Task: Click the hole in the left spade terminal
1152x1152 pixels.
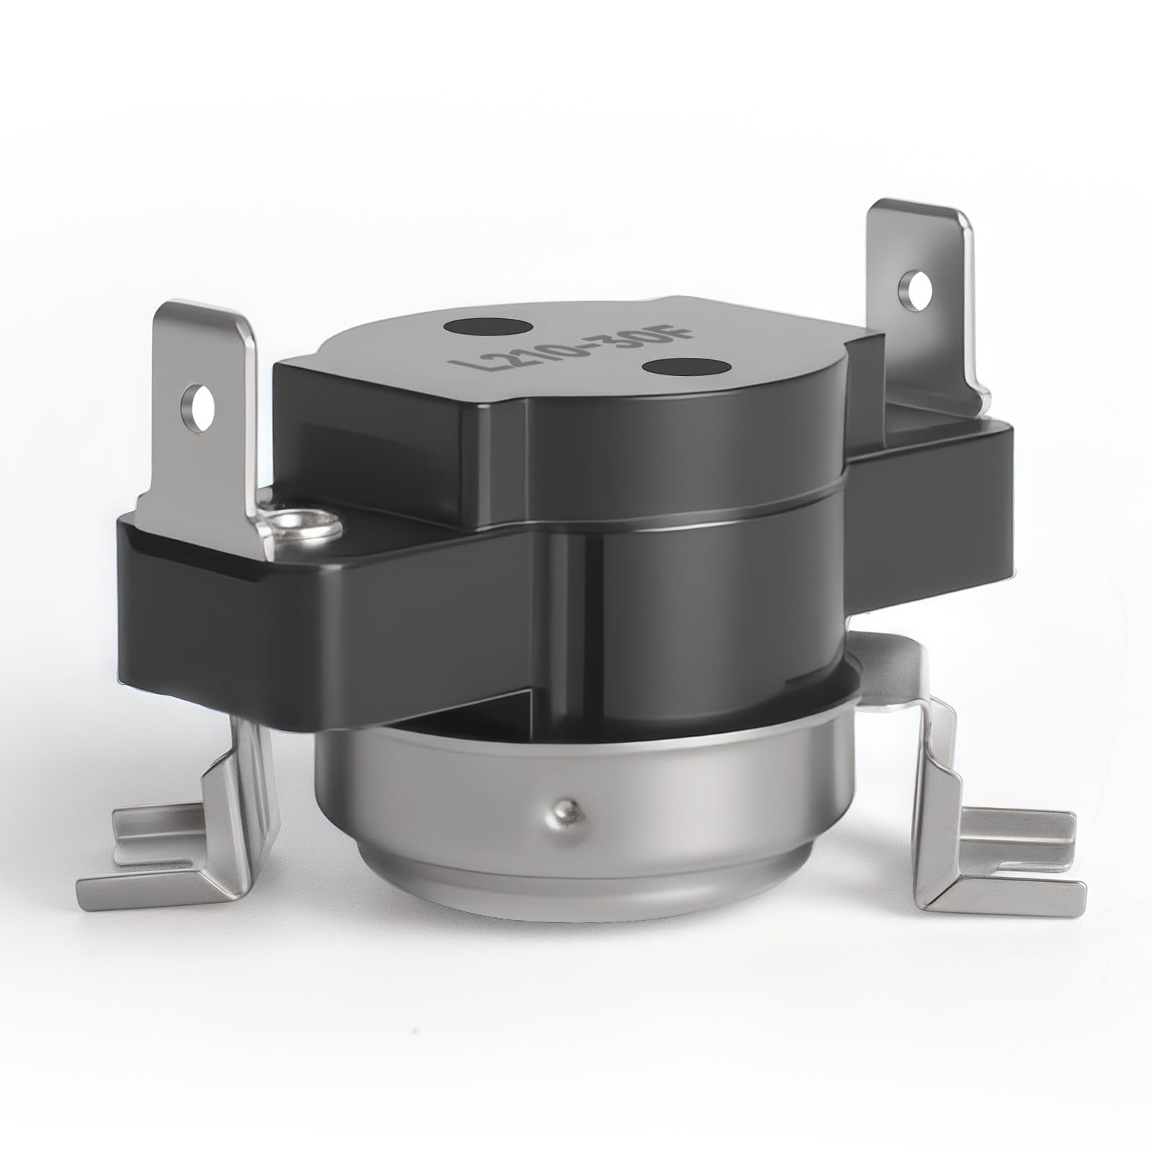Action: click(x=199, y=400)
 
